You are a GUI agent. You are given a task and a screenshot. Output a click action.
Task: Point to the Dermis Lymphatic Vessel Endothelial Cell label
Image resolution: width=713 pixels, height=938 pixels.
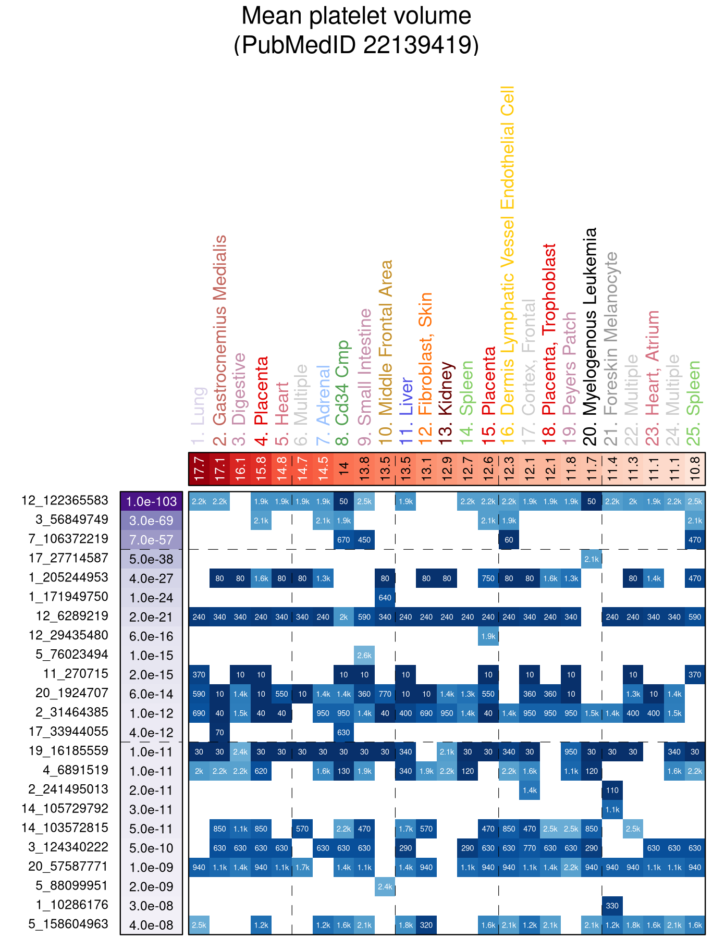coord(508,250)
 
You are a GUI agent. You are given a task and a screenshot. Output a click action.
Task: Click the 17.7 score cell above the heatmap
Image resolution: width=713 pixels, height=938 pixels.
coord(199,468)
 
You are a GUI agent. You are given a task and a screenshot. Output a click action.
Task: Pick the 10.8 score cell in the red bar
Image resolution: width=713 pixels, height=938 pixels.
coord(695,468)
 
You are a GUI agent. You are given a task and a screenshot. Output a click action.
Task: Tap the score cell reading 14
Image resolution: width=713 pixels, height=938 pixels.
coord(343,468)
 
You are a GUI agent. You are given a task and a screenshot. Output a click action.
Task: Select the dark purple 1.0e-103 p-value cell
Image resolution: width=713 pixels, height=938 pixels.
coord(151,501)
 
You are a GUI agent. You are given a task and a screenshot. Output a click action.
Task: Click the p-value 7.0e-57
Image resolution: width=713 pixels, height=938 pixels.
coord(151,540)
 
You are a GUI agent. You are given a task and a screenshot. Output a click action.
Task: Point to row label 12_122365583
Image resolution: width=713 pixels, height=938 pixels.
coord(65,501)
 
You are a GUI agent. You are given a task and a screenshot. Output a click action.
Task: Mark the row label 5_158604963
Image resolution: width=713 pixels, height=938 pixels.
coord(68,924)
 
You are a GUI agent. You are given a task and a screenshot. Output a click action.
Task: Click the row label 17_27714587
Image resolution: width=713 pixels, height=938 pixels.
coord(68,558)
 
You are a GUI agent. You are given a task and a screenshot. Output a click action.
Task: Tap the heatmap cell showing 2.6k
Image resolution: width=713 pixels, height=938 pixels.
coord(364,656)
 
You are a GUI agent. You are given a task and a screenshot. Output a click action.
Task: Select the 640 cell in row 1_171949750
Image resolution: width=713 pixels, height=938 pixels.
coord(385,598)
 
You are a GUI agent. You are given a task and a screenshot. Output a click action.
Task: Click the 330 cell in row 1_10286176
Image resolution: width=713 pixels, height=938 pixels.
coord(612,906)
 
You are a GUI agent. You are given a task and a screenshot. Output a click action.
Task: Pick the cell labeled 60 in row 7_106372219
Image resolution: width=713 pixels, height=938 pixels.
coord(509,540)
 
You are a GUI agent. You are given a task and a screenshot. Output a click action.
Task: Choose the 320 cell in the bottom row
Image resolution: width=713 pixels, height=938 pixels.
coord(426,925)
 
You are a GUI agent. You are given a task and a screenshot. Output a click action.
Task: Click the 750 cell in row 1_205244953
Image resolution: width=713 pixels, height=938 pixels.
coord(488,578)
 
